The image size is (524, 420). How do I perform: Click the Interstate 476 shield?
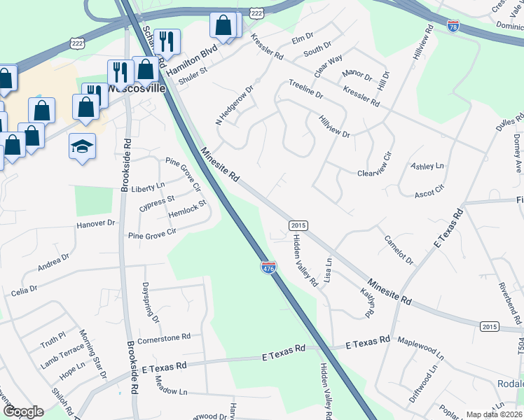268,267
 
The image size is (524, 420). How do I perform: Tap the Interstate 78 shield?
453,26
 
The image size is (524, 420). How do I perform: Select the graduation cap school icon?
82,147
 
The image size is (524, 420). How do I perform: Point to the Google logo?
23,412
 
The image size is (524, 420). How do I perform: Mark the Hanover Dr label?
95,224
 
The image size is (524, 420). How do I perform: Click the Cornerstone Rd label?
164,337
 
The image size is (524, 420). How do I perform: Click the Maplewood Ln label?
420,346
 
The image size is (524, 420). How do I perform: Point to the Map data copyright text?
495,414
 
